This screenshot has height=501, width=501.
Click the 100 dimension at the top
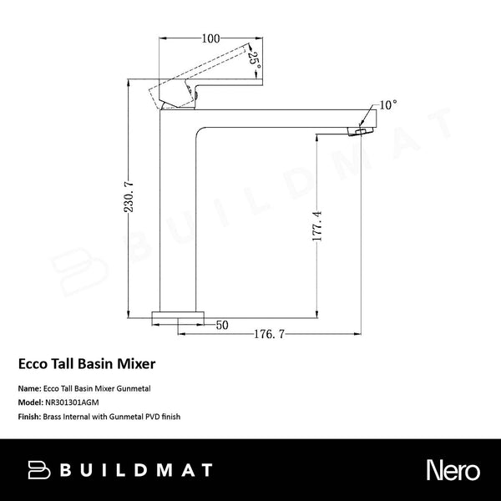210,38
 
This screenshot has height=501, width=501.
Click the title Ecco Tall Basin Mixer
87,365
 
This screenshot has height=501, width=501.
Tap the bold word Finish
29,415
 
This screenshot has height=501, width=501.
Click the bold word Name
28,388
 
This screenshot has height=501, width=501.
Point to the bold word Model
29,402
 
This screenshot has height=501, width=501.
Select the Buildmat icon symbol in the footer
39,470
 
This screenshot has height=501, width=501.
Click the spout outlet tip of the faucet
364,131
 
